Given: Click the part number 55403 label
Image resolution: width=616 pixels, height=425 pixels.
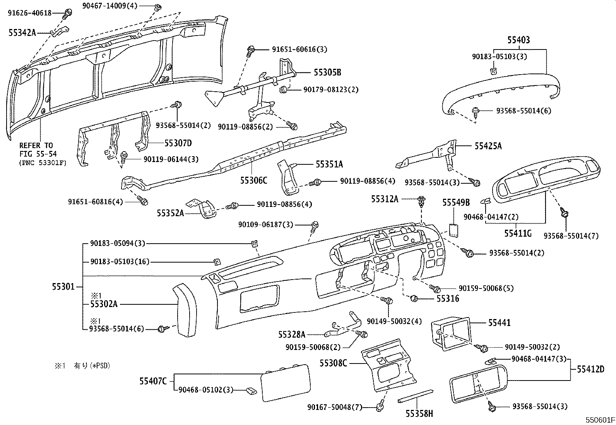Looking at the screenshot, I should pos(518,40).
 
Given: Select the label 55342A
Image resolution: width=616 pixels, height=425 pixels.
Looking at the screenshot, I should pos(22,33).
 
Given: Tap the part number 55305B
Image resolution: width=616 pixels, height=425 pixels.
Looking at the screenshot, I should pos(327,72).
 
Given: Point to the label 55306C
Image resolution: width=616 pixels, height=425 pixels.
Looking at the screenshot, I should pos(253,180).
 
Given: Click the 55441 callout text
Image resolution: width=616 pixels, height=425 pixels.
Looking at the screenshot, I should pos(499,323).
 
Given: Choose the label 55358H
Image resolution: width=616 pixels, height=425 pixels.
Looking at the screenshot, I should pos(419,414).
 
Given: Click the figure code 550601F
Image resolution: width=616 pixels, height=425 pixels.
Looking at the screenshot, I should pos(599,420).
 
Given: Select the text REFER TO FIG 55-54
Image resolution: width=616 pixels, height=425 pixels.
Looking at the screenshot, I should pos(36,149).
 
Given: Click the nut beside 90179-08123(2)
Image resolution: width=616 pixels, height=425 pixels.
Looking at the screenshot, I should pos(282,90).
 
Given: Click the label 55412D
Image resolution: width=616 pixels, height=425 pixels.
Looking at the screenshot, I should pos(590,369).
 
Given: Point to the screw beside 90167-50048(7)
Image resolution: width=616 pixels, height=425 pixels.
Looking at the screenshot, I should pos(379,407).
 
